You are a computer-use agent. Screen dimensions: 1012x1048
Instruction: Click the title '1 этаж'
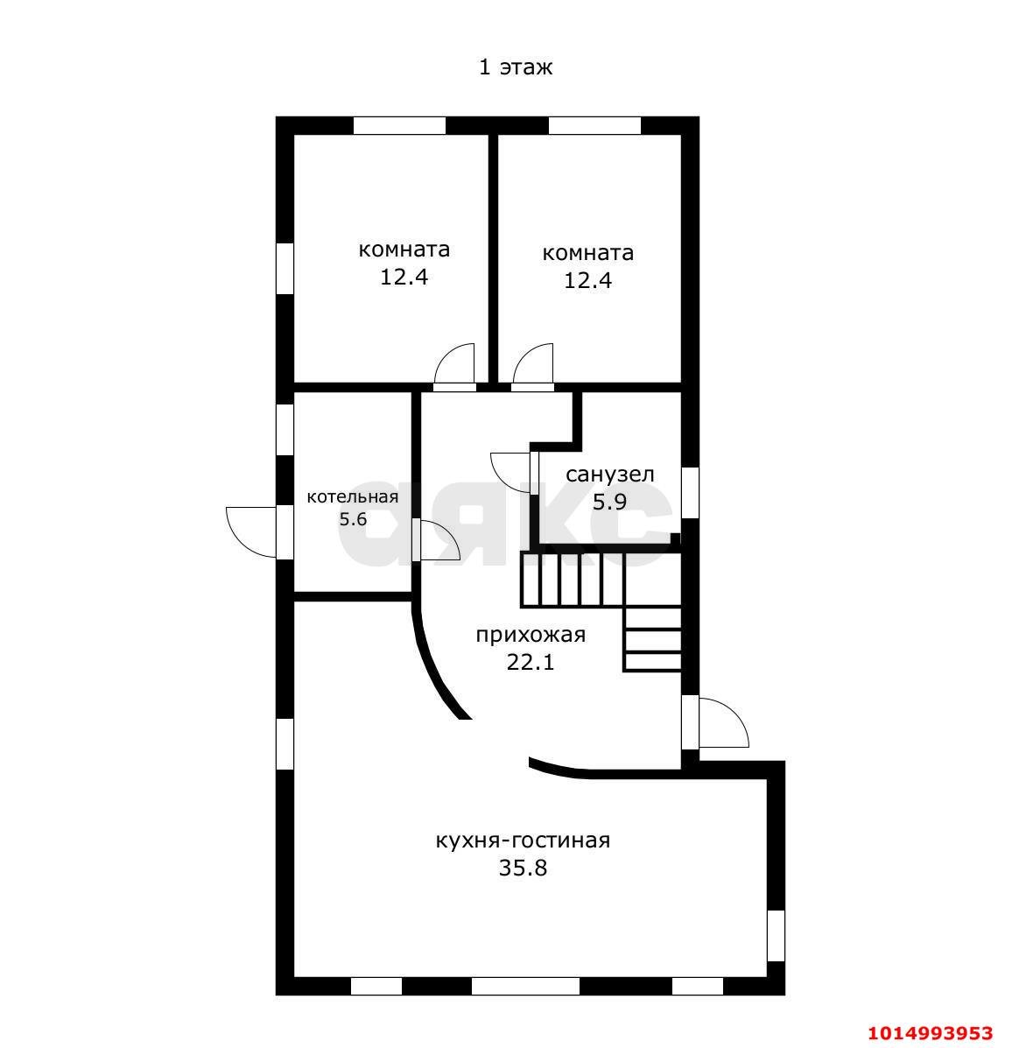(516, 67)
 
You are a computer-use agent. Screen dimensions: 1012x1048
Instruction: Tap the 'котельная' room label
(352, 496)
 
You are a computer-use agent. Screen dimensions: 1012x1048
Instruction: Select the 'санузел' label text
(609, 475)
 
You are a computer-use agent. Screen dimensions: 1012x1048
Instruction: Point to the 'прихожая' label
(531, 635)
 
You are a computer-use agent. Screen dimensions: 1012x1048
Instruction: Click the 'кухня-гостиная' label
(523, 841)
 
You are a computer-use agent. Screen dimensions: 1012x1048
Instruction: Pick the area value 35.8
(523, 869)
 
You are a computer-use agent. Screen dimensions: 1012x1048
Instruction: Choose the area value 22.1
(531, 663)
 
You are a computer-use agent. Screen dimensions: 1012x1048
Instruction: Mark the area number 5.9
(609, 502)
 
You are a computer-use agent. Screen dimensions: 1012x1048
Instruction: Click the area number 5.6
(352, 519)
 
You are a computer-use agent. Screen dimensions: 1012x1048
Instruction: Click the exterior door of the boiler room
(251, 532)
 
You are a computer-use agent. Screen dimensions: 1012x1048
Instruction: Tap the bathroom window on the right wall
(690, 493)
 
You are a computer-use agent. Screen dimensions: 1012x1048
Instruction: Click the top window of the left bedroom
(399, 126)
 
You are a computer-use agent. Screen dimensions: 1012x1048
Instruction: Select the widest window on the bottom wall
(525, 986)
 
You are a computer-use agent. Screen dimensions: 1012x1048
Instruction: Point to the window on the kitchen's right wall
(776, 935)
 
